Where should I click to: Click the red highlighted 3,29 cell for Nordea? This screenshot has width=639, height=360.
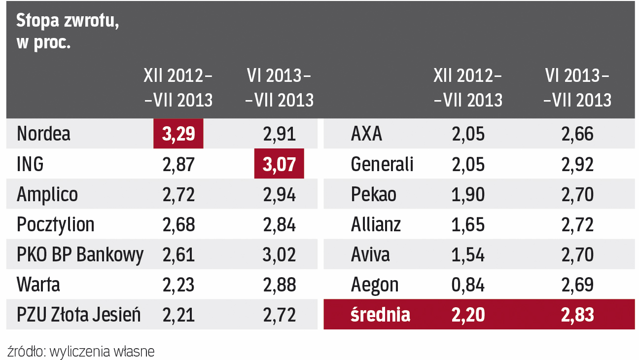point(178,134)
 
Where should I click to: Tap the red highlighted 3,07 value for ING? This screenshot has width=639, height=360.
point(279,164)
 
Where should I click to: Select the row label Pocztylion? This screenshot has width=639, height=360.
point(55,225)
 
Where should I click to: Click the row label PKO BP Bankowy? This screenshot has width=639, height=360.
point(80,255)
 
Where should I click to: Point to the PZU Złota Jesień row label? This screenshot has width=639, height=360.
point(78,315)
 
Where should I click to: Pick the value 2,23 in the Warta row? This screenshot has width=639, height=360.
point(178,285)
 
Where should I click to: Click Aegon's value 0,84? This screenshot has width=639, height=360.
point(468,285)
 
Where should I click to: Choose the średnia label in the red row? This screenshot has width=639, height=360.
point(380,315)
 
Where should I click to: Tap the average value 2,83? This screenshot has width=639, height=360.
point(577,315)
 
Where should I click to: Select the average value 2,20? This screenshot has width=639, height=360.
point(468,315)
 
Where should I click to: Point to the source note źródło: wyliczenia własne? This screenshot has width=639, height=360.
point(81,351)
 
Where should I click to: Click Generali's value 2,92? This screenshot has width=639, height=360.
point(577,164)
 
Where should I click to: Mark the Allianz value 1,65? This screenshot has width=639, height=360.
point(468,225)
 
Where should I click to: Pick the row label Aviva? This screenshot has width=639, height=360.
point(370,255)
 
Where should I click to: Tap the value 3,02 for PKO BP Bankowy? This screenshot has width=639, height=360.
point(279,255)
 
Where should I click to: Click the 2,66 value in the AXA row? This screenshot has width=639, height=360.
point(577,134)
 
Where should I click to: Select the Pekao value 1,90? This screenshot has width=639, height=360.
point(468,194)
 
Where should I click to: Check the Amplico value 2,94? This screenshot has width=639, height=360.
point(279,194)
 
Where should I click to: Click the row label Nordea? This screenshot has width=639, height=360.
point(43,134)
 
